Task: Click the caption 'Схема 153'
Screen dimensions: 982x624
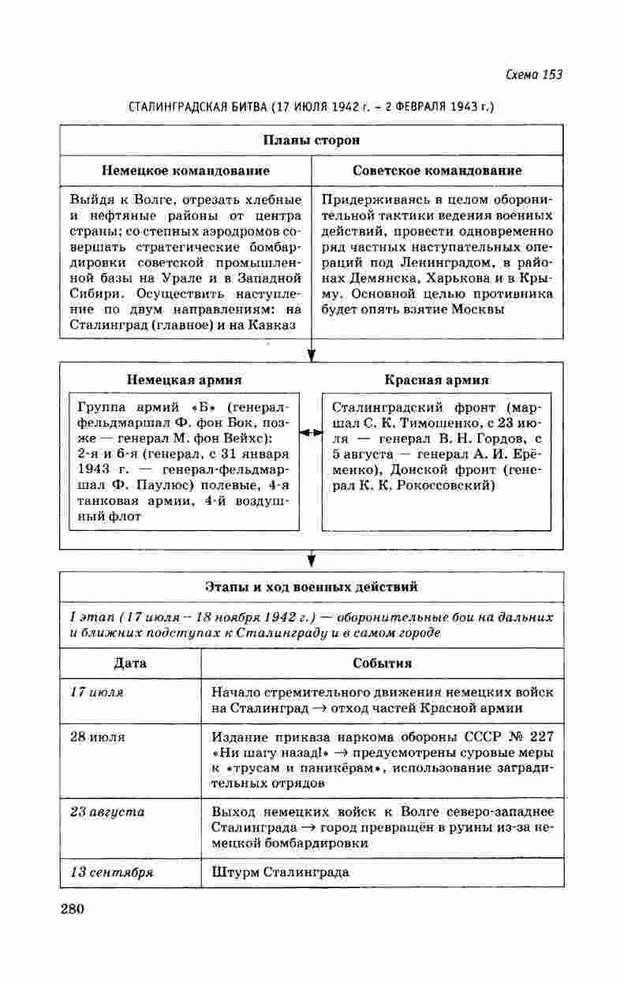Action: [x=533, y=75]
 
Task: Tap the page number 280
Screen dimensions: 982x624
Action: [x=72, y=908]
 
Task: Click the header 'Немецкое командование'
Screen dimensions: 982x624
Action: [x=185, y=170]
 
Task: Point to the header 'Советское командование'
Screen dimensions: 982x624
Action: [x=437, y=170]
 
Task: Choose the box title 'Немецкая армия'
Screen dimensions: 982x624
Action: [x=185, y=379]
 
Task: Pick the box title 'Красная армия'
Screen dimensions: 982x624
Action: [x=436, y=379]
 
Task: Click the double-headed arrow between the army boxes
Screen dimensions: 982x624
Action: [x=311, y=433]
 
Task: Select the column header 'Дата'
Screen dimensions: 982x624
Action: [x=130, y=663]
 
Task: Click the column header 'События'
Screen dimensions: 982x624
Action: [x=383, y=663]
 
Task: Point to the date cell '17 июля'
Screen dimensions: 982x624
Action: [x=96, y=693]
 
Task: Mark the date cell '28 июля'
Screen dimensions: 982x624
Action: [x=98, y=737]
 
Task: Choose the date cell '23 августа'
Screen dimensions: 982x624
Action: [x=106, y=812]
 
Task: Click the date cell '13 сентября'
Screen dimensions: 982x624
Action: [x=111, y=873]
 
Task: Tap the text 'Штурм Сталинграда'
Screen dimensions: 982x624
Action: [x=280, y=873]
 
